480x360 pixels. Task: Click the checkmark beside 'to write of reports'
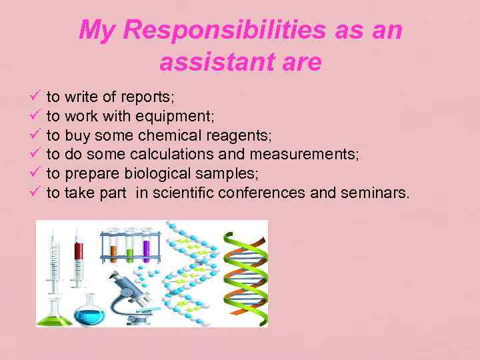pyautogui.click(x=37, y=97)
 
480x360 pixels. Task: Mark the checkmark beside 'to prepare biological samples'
pyautogui.click(x=37, y=174)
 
